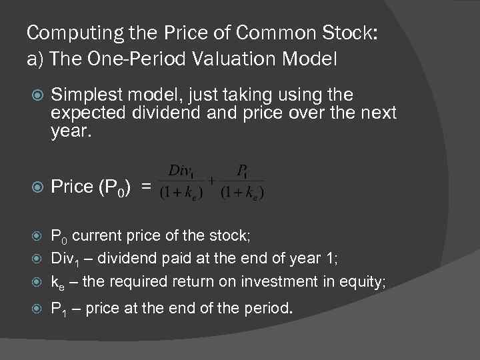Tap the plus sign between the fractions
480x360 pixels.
(212, 179)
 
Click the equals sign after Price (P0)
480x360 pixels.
(146, 187)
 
